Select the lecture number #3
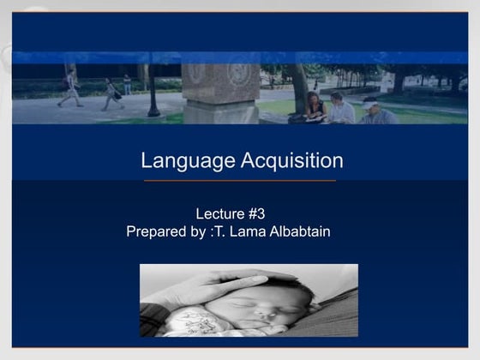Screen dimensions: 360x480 [x=267, y=214]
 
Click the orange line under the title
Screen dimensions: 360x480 [x=240, y=181]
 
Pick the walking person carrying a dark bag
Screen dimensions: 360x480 [x=112, y=93]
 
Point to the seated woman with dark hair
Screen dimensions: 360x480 [x=315, y=106]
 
